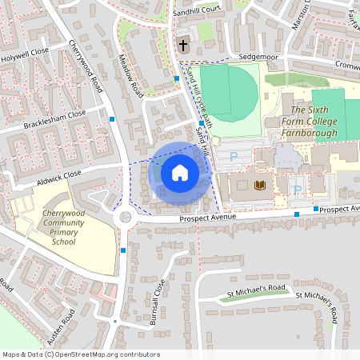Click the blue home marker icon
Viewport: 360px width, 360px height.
[x=179, y=172]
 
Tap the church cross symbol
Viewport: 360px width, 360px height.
[x=183, y=45]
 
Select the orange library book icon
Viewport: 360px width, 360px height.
[x=259, y=186]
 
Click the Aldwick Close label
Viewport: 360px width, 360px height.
[x=58, y=174]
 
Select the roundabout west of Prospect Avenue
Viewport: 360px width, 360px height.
[x=125, y=217]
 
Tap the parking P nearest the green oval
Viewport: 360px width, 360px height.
[x=233, y=158]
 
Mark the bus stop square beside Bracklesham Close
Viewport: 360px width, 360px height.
[x=113, y=118]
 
